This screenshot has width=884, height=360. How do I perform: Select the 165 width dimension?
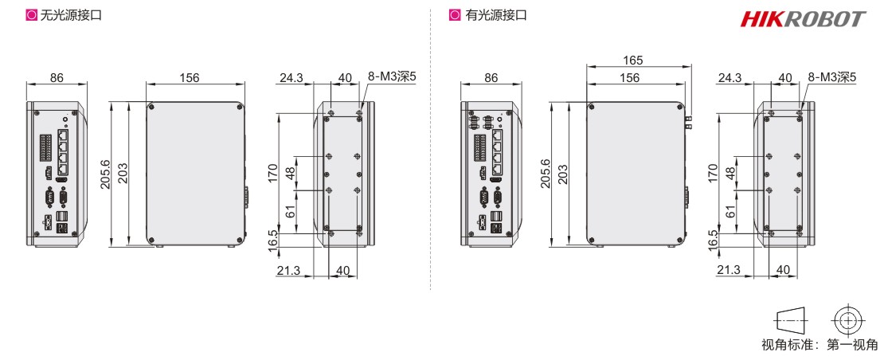tap(634, 61)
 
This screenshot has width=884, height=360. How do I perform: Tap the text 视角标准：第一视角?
tap(820, 345)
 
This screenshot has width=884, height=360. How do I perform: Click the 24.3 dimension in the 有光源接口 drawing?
tap(730, 77)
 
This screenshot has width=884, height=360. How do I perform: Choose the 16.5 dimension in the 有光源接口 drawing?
tap(713, 239)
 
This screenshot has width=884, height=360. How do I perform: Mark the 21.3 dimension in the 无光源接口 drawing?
tap(288, 271)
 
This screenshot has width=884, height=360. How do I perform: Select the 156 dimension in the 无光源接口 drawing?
tap(189, 77)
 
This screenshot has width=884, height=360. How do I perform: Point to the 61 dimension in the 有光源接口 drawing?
tap(730, 211)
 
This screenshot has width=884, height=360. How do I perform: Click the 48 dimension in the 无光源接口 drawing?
tap(291, 171)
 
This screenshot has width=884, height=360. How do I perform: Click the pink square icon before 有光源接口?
tap(455, 15)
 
